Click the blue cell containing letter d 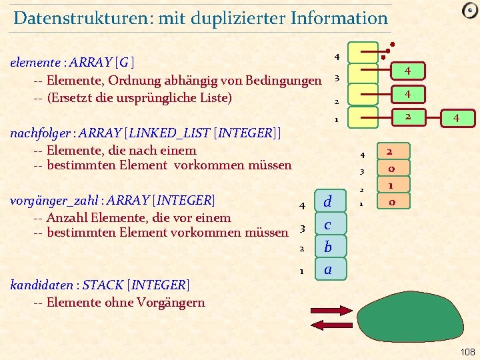327,201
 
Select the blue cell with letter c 327,224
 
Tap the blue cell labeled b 327,247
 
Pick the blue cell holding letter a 327,269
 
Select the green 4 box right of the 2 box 455,118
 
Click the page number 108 467,351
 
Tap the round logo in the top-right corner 469,11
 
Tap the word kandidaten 39,286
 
